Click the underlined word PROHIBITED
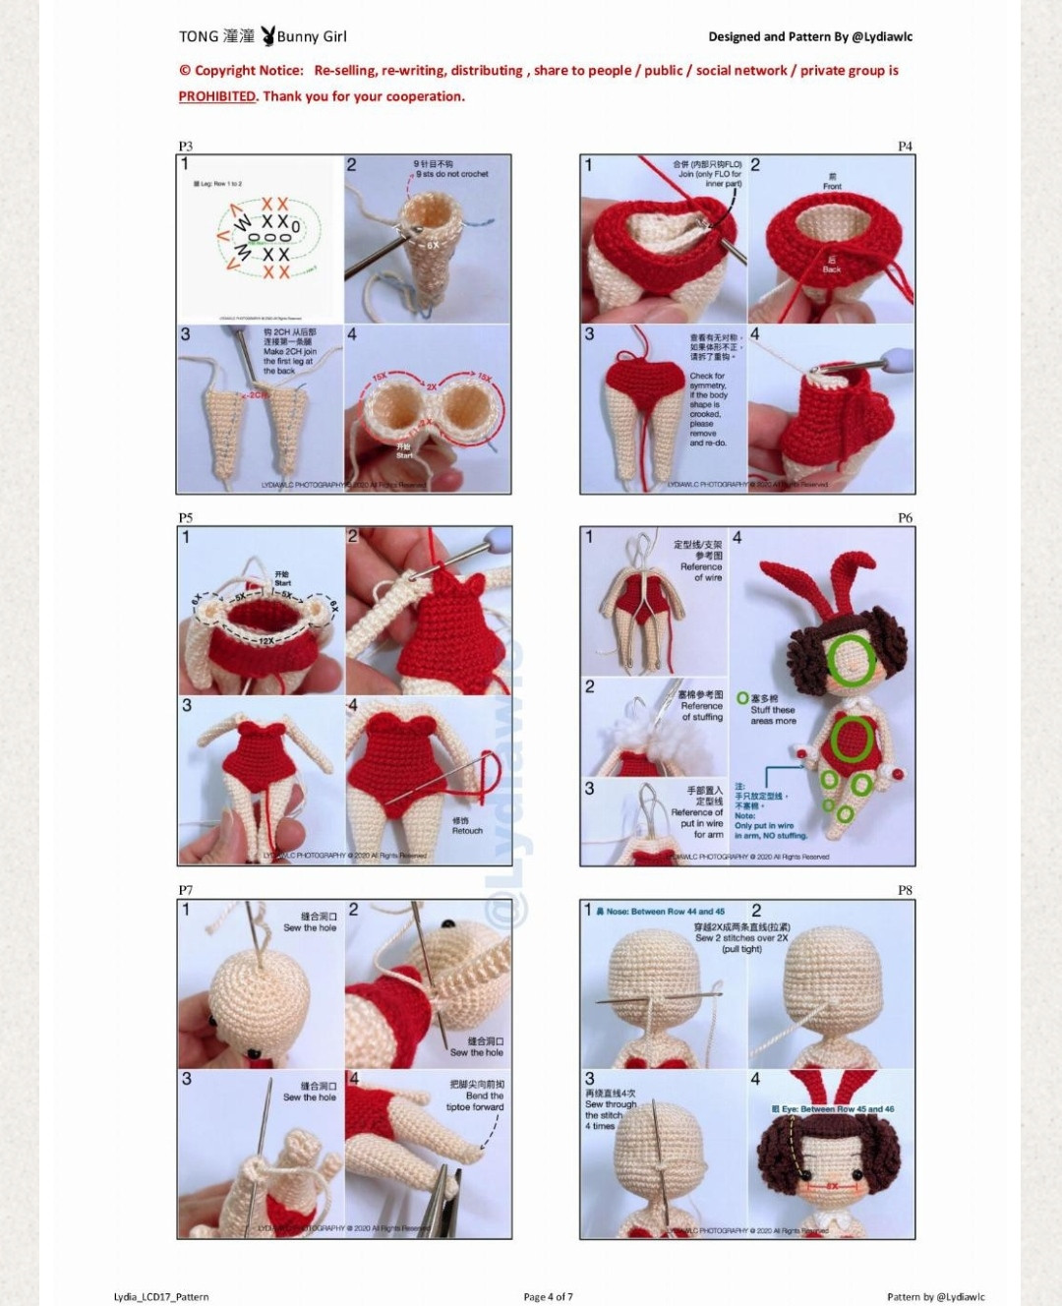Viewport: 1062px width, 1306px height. pyautogui.click(x=216, y=96)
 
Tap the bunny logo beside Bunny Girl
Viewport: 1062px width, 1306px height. pyautogui.click(x=267, y=36)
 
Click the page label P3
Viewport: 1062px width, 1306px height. pyautogui.click(x=186, y=146)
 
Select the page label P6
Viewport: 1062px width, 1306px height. pyautogui.click(x=905, y=517)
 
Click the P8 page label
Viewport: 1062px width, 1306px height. pyautogui.click(x=905, y=890)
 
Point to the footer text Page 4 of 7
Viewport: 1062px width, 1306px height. pyautogui.click(x=548, y=1296)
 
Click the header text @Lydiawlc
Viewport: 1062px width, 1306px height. pyautogui.click(x=882, y=37)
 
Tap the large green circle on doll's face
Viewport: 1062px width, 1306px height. pyautogui.click(x=852, y=658)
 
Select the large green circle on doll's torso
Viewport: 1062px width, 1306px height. pyautogui.click(x=852, y=740)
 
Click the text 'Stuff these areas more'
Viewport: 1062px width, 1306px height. pyautogui.click(x=773, y=715)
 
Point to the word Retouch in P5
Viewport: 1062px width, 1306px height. pyautogui.click(x=467, y=830)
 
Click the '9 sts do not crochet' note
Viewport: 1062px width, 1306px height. pyautogui.click(x=451, y=174)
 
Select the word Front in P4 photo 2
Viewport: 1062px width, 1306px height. pyautogui.click(x=832, y=186)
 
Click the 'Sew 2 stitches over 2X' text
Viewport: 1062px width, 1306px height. pyautogui.click(x=741, y=938)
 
